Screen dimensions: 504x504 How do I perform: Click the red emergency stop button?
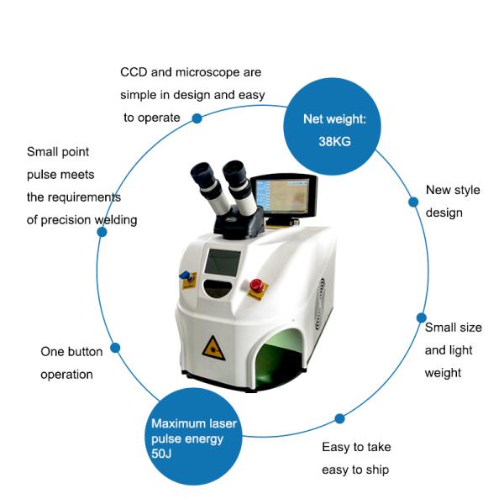tap(256, 286)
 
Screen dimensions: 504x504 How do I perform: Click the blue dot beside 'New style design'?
tap(412, 202)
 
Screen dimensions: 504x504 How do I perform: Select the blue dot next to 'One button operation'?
tap(115, 348)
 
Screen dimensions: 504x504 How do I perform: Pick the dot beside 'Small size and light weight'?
tap(419, 318)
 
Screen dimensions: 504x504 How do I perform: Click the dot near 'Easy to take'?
tap(339, 418)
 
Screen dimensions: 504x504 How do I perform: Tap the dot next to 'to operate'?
tap(197, 118)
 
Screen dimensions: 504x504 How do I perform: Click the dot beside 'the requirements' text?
tap(102, 231)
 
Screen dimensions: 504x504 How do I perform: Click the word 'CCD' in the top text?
tap(135, 73)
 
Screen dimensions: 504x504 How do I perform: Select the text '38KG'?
tap(334, 141)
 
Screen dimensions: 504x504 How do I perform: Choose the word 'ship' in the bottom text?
tap(376, 470)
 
